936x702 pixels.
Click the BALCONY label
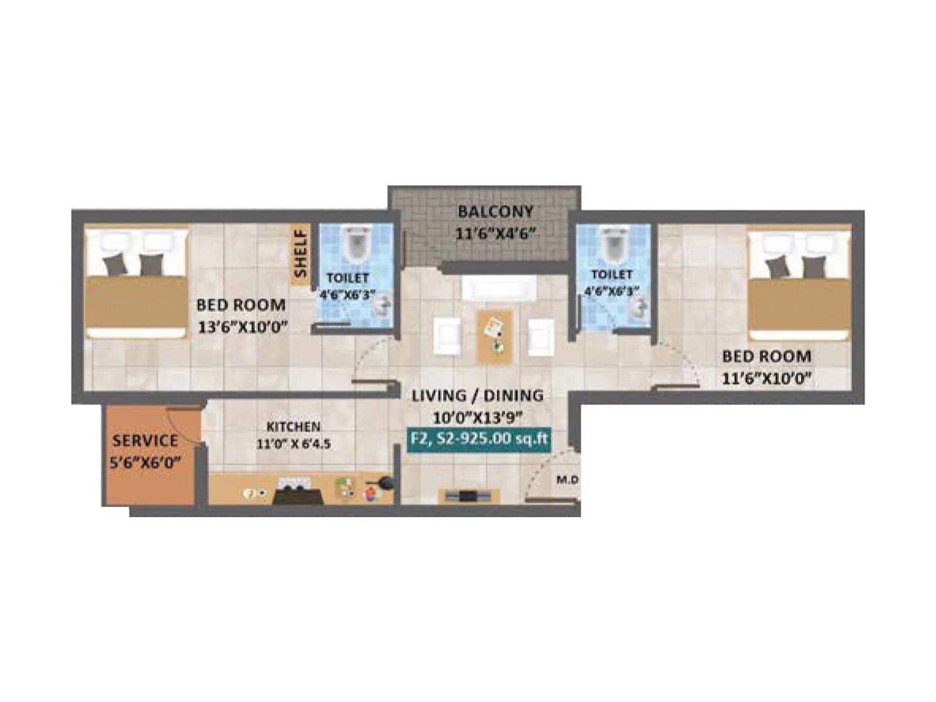495,211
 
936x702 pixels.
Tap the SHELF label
301,253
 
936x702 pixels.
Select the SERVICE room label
145,440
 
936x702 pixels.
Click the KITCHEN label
293,426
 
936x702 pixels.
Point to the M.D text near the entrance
567,480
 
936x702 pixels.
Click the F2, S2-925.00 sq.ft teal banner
478,438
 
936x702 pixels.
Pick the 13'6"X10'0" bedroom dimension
243,326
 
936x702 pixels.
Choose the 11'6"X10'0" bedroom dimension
766,378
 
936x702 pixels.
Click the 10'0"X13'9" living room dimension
477,418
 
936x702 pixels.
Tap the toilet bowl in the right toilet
614,244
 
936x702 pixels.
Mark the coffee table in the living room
494,336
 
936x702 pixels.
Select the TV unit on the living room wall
469,496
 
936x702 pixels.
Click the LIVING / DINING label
477,395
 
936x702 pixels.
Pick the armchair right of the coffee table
541,336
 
